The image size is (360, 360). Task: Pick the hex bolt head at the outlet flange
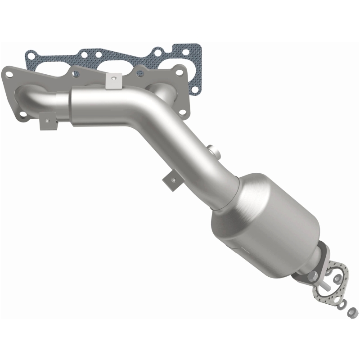[314, 274]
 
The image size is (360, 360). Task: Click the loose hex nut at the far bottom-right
[353, 310]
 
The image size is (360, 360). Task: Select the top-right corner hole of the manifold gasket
[194, 50]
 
